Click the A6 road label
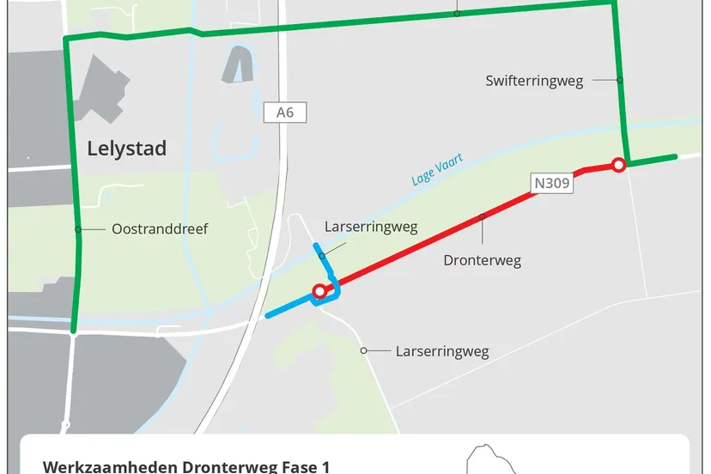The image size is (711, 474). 285,112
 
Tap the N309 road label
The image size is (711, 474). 552,183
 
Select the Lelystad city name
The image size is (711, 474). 127,149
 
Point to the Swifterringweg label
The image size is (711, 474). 533,81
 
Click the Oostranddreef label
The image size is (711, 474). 160,229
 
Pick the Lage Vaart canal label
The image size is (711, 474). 436,169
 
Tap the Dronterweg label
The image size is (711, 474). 482,260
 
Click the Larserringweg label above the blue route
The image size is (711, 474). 371,228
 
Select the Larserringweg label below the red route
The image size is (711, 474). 441,351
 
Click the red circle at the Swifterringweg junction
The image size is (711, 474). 617,165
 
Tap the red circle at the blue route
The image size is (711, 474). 319,292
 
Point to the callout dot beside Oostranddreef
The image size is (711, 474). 78,229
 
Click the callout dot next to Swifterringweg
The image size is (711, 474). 619,80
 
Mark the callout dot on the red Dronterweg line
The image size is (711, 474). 483,216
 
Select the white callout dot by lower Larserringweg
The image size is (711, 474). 364,350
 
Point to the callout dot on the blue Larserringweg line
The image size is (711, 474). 322,256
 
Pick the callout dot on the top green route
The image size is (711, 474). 458,13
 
